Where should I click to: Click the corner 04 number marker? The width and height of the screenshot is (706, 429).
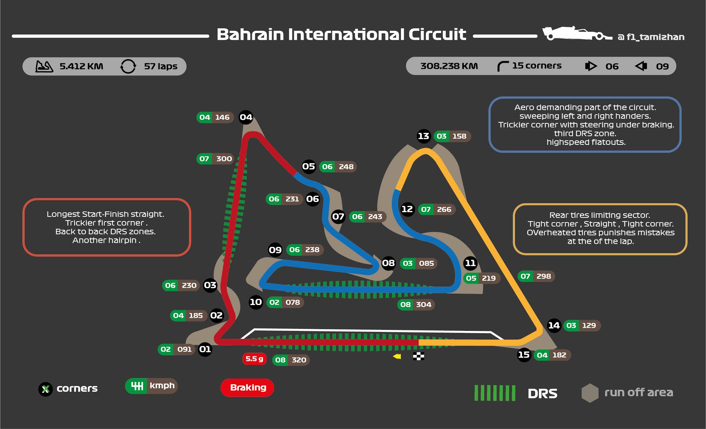click(246, 117)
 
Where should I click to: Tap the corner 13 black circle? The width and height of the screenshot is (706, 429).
click(423, 136)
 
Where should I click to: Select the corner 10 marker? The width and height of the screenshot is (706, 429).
click(256, 302)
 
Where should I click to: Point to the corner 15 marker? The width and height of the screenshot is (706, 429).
click(524, 355)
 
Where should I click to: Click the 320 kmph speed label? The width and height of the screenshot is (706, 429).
click(299, 360)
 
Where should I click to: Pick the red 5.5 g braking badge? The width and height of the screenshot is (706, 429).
click(254, 359)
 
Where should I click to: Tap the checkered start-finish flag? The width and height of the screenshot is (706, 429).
click(418, 356)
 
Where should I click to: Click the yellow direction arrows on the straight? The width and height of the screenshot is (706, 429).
click(397, 356)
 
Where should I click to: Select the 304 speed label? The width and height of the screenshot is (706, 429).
click(423, 305)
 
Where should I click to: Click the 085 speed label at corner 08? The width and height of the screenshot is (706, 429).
click(426, 263)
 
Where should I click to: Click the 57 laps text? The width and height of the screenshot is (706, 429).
click(161, 66)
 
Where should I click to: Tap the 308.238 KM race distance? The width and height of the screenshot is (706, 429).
click(449, 66)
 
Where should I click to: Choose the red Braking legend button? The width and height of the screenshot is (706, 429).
click(248, 388)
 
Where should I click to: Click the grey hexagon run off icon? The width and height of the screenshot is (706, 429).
click(590, 393)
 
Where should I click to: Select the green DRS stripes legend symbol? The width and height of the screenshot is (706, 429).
click(495, 393)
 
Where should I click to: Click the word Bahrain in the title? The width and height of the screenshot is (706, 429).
click(250, 34)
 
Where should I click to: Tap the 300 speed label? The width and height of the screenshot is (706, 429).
click(224, 159)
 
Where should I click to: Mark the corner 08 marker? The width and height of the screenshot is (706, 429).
click(388, 263)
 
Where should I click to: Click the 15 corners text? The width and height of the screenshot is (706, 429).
click(536, 66)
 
